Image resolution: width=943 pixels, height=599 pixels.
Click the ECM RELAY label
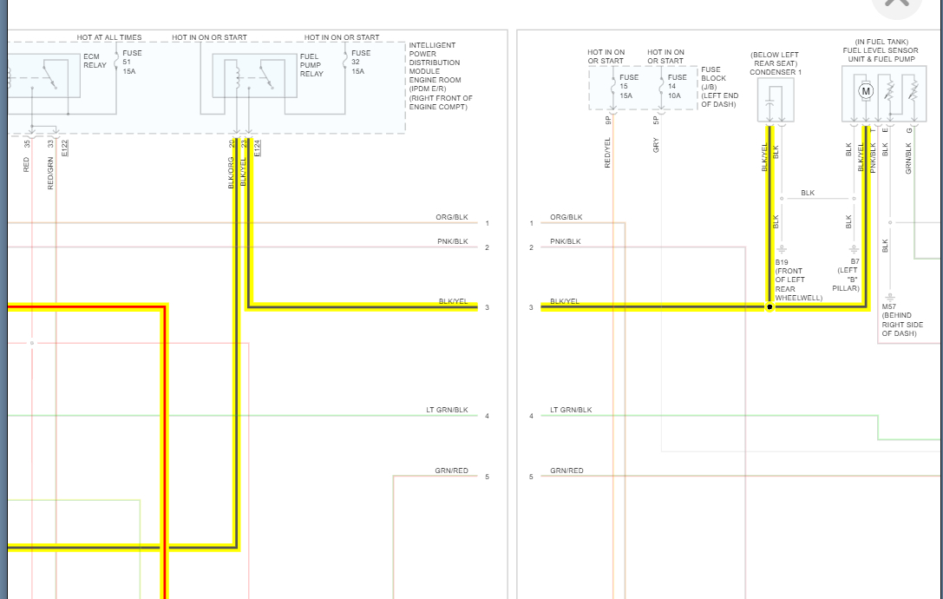tap(95, 61)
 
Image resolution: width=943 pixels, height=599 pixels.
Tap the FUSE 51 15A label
tap(132, 62)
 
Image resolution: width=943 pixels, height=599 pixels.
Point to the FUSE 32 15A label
tap(360, 62)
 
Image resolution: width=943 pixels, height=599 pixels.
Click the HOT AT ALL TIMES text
tap(109, 37)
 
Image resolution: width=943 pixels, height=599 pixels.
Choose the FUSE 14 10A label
tap(678, 86)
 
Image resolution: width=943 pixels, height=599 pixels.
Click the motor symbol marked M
tap(865, 90)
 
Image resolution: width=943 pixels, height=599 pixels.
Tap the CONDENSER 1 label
tap(776, 72)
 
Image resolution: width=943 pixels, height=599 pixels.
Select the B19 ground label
tap(782, 261)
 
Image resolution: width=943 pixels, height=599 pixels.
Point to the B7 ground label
tap(855, 261)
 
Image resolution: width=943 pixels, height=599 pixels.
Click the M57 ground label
tap(889, 306)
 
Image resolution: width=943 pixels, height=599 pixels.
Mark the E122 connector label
tap(66, 148)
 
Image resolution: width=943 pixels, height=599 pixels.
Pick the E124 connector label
tap(258, 148)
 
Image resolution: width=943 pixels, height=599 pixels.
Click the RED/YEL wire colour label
tap(607, 153)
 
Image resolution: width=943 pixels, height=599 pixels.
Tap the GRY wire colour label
tap(656, 146)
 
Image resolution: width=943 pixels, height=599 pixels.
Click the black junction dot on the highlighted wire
tap(769, 307)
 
